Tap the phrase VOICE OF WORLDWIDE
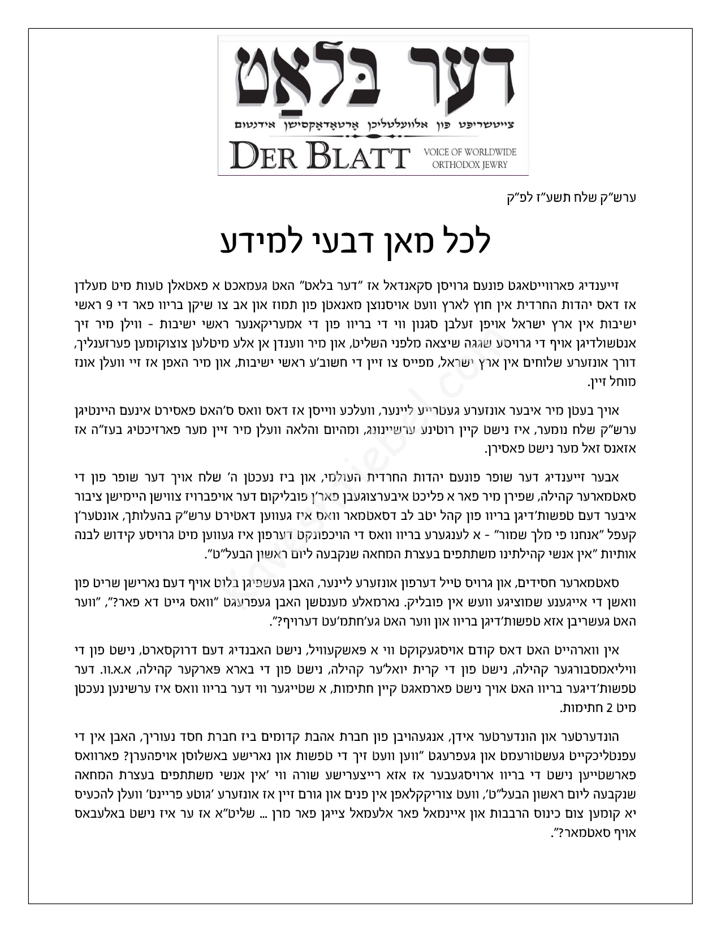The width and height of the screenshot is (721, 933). (469, 153)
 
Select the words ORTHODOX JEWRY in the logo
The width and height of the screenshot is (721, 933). (469, 165)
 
